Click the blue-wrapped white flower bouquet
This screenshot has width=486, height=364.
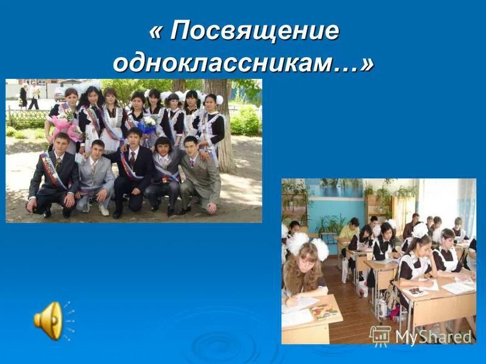point(147,127)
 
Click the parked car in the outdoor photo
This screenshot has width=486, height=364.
point(60,92)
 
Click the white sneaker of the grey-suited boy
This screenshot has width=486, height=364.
point(104,210)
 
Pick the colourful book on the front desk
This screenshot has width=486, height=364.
point(324,312)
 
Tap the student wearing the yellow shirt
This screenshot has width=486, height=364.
point(350,231)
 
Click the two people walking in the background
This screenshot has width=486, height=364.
point(29,95)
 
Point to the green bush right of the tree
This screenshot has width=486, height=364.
point(245,121)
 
